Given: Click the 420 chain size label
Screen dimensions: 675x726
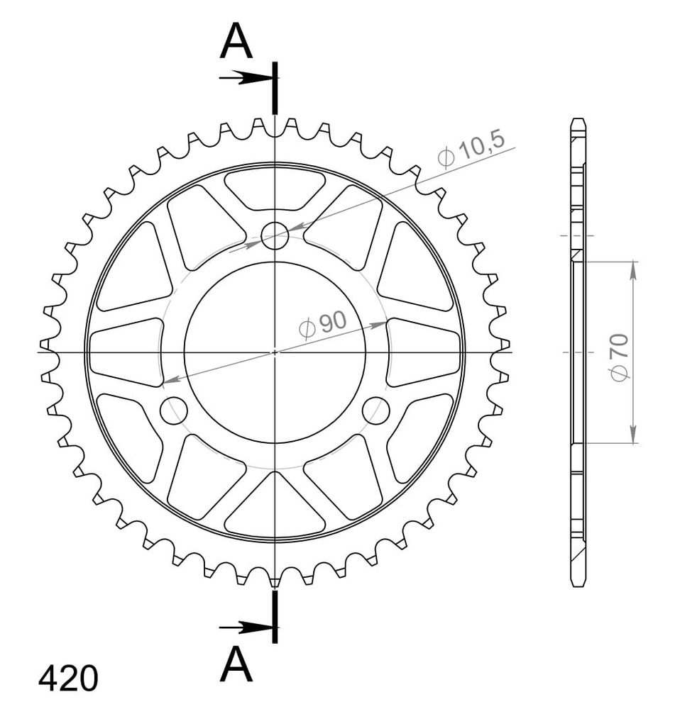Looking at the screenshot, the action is click(68, 679).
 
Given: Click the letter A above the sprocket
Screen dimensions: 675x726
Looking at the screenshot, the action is click(236, 42).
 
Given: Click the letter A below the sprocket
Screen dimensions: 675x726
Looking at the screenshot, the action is click(236, 664).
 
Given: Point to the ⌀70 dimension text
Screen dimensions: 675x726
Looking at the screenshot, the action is click(620, 357).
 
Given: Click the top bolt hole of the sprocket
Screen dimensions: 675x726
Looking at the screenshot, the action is click(275, 235).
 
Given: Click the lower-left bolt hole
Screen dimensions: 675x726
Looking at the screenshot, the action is click(173, 411).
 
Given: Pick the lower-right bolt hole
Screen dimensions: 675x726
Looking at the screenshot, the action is click(376, 411).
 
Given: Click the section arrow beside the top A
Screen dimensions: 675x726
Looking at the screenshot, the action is click(245, 78).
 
